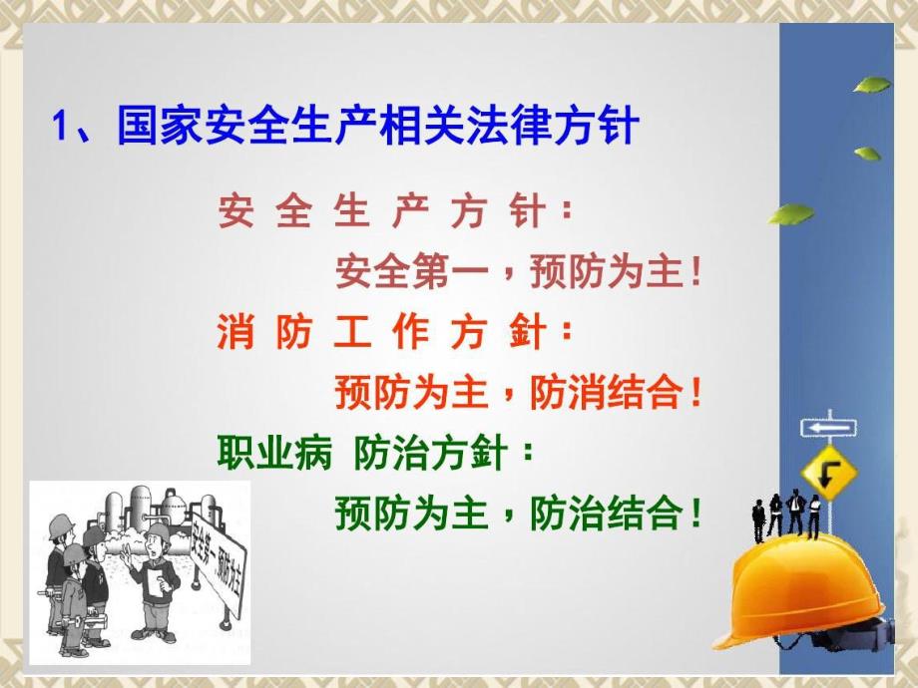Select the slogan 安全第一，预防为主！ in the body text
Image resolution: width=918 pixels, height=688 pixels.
tap(519, 272)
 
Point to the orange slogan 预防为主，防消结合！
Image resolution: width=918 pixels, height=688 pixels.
tap(519, 392)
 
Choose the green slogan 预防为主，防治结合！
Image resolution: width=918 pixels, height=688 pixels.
tap(519, 514)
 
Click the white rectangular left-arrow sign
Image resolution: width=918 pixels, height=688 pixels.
tap(827, 429)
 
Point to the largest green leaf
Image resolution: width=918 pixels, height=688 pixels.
tap(791, 213)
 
